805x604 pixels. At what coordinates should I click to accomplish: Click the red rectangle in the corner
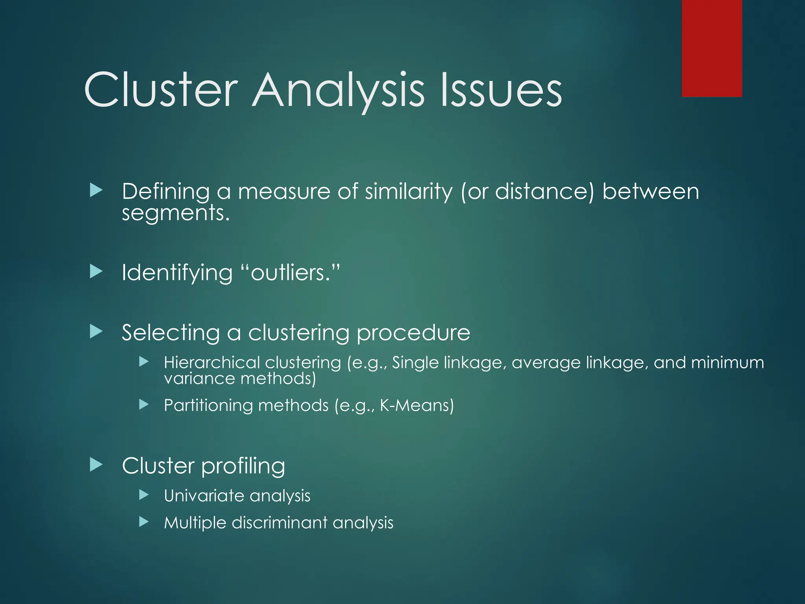[x=711, y=48]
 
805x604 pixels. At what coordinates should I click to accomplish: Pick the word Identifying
[x=177, y=273]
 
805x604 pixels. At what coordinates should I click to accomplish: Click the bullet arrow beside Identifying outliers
[x=96, y=271]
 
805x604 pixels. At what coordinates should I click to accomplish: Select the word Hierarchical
[x=212, y=363]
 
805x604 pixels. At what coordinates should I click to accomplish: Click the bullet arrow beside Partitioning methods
[x=144, y=404]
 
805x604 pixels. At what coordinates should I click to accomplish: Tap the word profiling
[x=243, y=466]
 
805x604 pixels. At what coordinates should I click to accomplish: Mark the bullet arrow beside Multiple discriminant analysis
[x=144, y=522]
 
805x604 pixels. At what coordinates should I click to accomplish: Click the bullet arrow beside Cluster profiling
[x=96, y=465]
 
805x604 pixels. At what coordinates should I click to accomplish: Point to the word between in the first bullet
[x=650, y=192]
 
